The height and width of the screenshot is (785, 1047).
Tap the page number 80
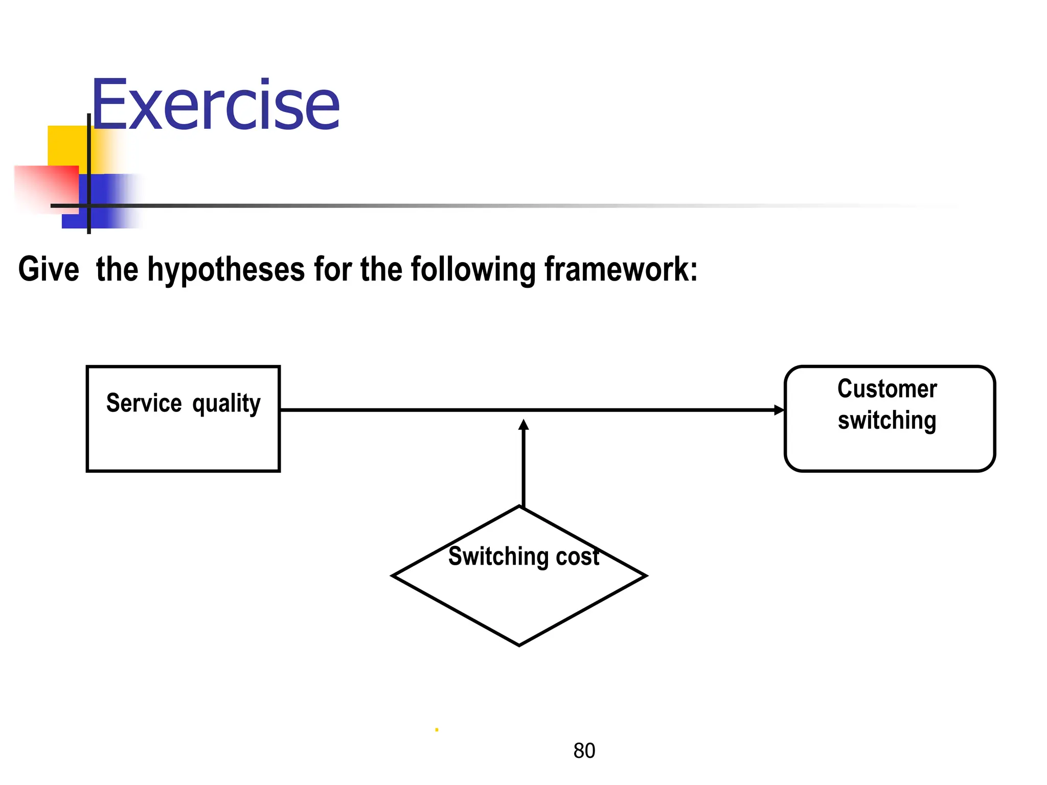[584, 751]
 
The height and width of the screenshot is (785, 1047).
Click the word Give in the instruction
[49, 269]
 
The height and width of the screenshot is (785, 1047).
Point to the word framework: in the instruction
[621, 269]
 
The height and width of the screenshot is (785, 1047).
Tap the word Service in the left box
[144, 403]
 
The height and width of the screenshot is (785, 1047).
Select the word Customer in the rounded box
[887, 389]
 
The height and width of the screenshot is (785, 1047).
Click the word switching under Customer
[887, 421]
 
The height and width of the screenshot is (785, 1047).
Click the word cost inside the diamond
[578, 557]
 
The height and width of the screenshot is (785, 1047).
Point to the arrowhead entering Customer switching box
[779, 410]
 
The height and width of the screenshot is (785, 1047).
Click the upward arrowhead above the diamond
[523, 425]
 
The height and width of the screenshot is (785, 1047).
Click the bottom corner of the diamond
[519, 645]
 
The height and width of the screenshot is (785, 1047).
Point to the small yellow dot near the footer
[437, 730]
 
